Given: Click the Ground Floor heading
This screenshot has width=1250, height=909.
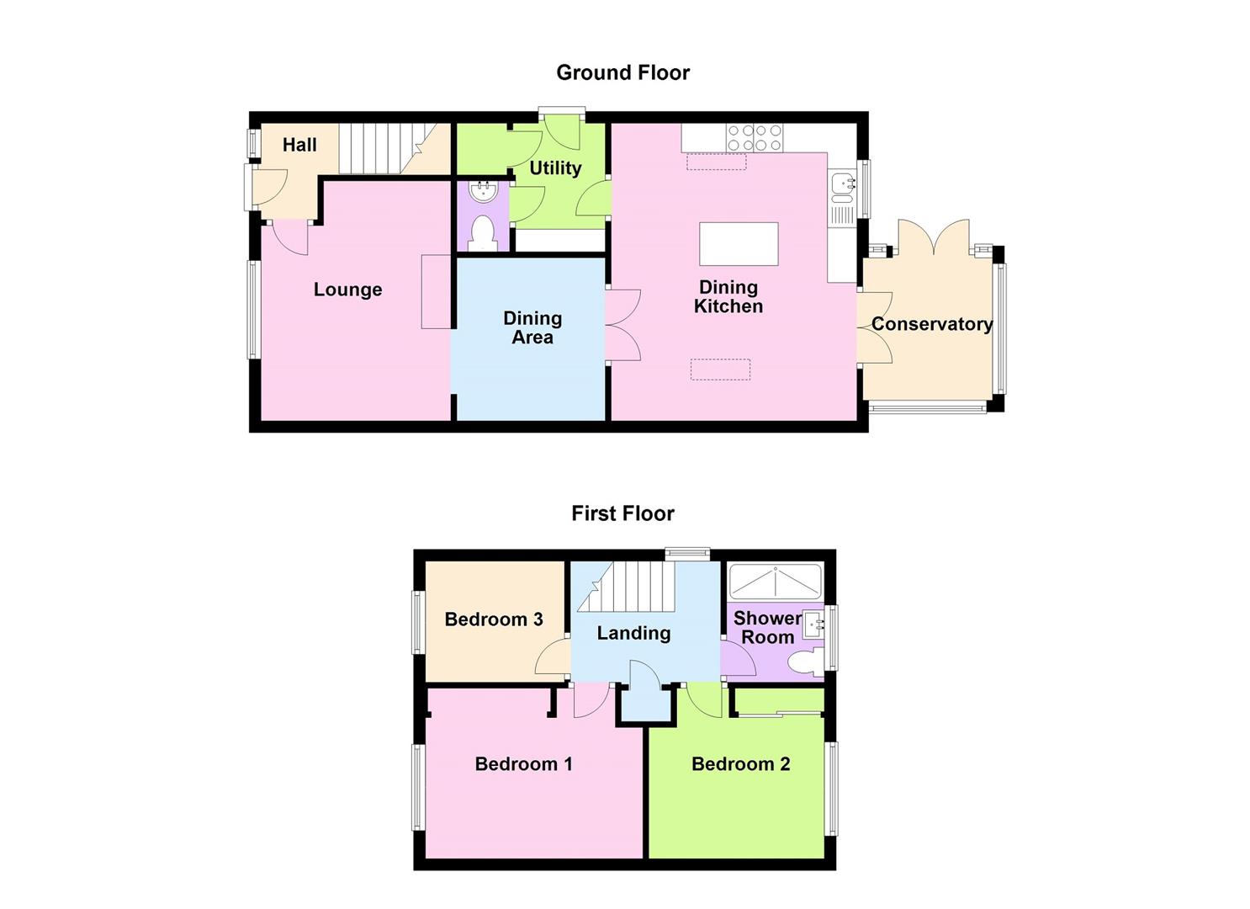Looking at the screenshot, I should pyautogui.click(x=622, y=73).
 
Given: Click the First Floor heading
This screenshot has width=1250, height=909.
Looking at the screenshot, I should pyautogui.click(x=622, y=513).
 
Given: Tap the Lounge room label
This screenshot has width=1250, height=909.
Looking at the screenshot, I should pyautogui.click(x=347, y=290).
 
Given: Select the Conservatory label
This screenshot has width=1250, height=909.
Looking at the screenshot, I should pyautogui.click(x=931, y=324).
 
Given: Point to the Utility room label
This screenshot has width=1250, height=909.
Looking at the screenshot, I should pyautogui.click(x=555, y=168).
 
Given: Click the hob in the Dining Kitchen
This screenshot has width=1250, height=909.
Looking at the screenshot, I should pyautogui.click(x=755, y=138).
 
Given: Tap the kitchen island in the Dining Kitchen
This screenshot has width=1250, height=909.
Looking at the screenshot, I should pyautogui.click(x=739, y=244).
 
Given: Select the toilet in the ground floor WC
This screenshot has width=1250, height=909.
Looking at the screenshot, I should pyautogui.click(x=483, y=232).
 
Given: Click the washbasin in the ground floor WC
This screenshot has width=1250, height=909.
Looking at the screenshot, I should pyautogui.click(x=483, y=192).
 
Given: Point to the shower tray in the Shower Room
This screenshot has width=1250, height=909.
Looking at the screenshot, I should pyautogui.click(x=774, y=581).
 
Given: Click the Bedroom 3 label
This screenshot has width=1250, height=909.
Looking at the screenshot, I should pyautogui.click(x=494, y=619).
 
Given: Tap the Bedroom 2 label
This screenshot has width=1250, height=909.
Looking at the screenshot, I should pyautogui.click(x=740, y=764).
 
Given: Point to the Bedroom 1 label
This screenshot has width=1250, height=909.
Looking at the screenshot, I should pyautogui.click(x=523, y=764).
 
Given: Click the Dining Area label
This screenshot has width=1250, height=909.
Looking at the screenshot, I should pyautogui.click(x=532, y=327).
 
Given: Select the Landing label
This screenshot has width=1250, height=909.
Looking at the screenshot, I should pyautogui.click(x=633, y=633).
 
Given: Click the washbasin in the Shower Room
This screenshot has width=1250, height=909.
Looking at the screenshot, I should pyautogui.click(x=814, y=624).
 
